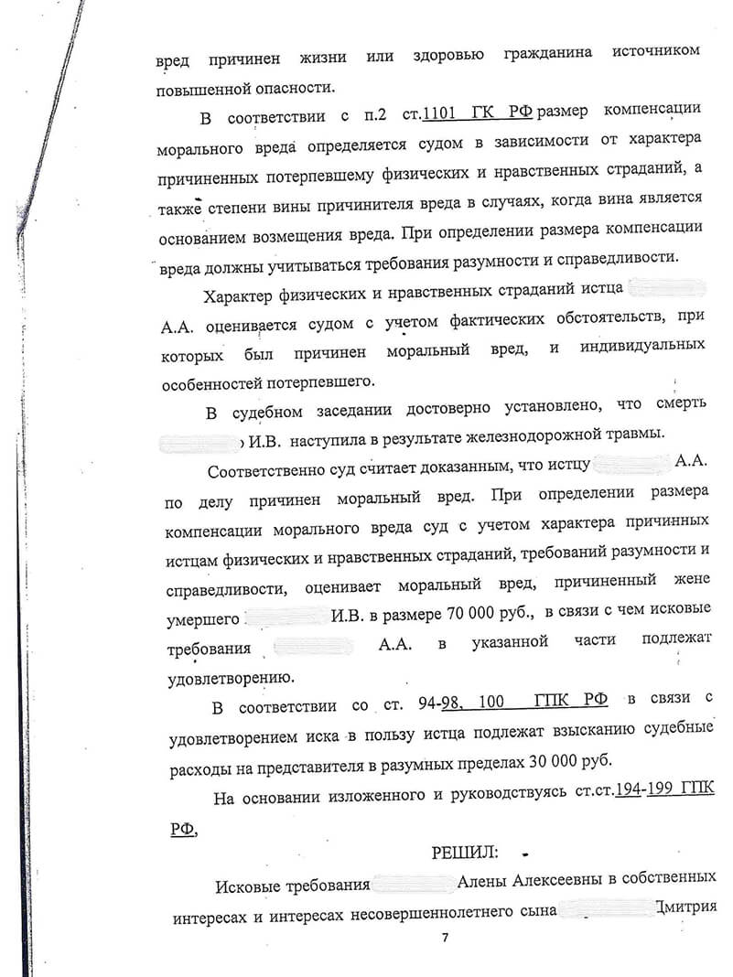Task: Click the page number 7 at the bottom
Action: click(x=446, y=939)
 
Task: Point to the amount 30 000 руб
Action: click(x=552, y=761)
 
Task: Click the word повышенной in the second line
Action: click(x=194, y=88)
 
